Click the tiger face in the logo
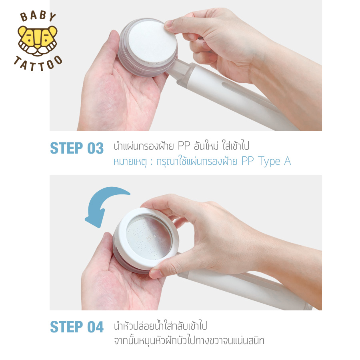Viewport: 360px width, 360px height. click(38, 41)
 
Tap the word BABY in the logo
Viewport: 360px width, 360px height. click(38, 16)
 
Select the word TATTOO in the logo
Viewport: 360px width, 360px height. click(38, 64)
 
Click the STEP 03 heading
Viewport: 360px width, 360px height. click(77, 148)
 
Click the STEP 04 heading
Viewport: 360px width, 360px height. click(77, 327)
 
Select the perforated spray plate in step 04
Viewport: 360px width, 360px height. click(149, 237)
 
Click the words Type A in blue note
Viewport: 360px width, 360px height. click(274, 162)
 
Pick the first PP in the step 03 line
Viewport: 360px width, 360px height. click(184, 146)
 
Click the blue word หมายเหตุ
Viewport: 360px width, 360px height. click(130, 162)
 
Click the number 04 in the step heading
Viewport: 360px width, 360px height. click(96, 327)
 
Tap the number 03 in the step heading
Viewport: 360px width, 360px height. click(96, 148)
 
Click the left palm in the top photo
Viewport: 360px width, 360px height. click(119, 96)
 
